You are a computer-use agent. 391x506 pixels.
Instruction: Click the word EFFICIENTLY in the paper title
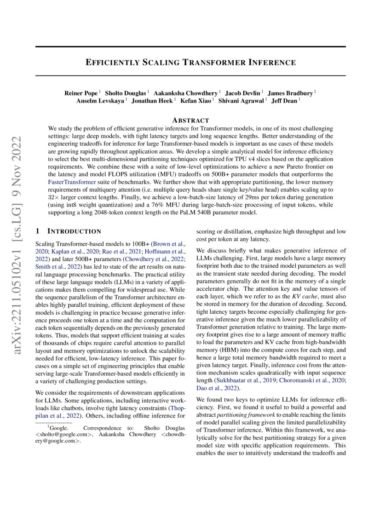coord(113,62)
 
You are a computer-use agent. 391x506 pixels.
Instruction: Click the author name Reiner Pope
coord(80,93)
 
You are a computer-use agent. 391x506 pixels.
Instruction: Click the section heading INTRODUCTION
coord(74,230)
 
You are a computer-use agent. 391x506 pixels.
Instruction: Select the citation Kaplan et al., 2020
coord(62,252)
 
